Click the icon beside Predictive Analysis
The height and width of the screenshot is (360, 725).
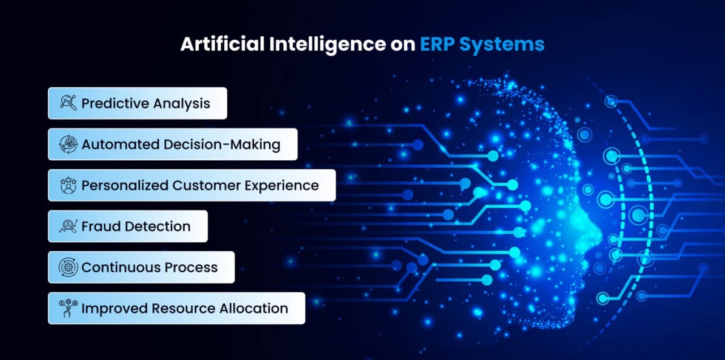[x=69, y=103]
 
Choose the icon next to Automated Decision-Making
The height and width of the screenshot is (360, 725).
[x=69, y=144]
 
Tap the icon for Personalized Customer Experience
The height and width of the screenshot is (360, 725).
[x=69, y=185]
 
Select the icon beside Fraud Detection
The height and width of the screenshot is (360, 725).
[x=69, y=226]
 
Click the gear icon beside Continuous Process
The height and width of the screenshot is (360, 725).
[x=69, y=267]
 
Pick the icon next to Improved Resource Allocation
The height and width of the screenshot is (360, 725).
[x=69, y=308]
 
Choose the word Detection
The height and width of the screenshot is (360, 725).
[x=157, y=226]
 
